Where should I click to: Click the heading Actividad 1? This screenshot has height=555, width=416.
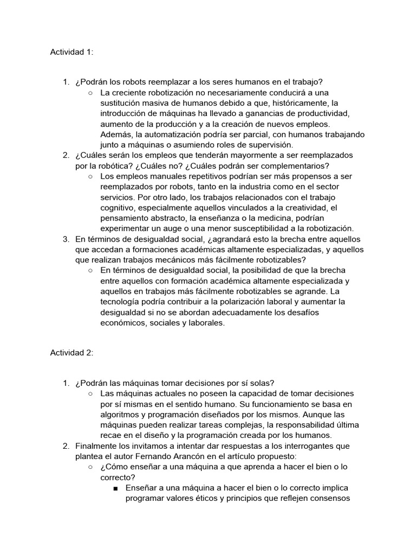pos(71,52)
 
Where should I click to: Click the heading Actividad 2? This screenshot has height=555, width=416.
pos(71,352)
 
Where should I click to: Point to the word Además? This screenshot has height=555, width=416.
pos(116,134)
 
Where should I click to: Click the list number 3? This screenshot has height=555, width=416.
pos(66,238)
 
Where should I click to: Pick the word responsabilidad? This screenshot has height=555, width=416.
pos(299,425)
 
